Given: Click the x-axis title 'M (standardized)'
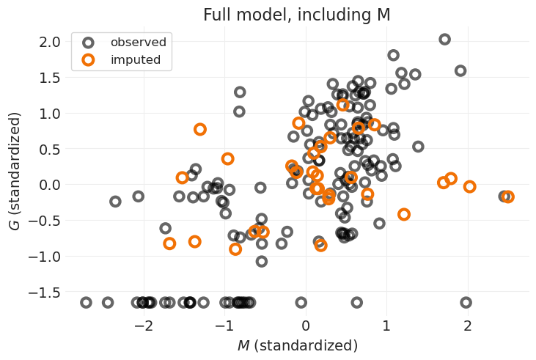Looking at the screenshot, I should click(x=297, y=345).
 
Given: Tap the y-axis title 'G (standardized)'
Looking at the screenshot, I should click(x=15, y=171).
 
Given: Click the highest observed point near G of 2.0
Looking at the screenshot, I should click(x=444, y=40).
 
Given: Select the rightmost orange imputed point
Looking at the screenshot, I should click(x=507, y=196).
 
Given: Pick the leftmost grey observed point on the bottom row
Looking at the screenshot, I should click(x=86, y=302).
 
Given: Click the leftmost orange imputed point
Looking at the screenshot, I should click(x=169, y=243).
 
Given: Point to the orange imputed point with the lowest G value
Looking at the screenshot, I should click(x=235, y=249).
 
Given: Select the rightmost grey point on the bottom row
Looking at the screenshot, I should click(x=466, y=302).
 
